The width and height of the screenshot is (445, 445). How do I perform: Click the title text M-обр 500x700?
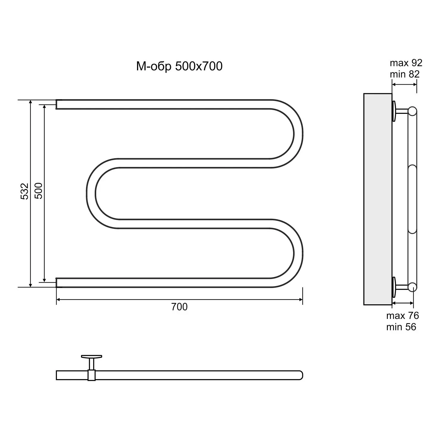coord(179,66)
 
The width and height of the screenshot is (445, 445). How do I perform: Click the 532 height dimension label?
coord(25,191)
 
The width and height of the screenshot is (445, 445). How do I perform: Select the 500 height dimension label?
coord(39,191)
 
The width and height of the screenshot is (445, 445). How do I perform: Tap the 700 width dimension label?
coord(179,307)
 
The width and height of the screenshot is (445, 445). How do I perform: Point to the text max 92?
coord(406,63)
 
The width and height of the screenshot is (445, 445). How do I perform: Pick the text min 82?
coord(405,74)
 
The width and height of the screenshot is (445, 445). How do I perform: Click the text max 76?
coord(403,315)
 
